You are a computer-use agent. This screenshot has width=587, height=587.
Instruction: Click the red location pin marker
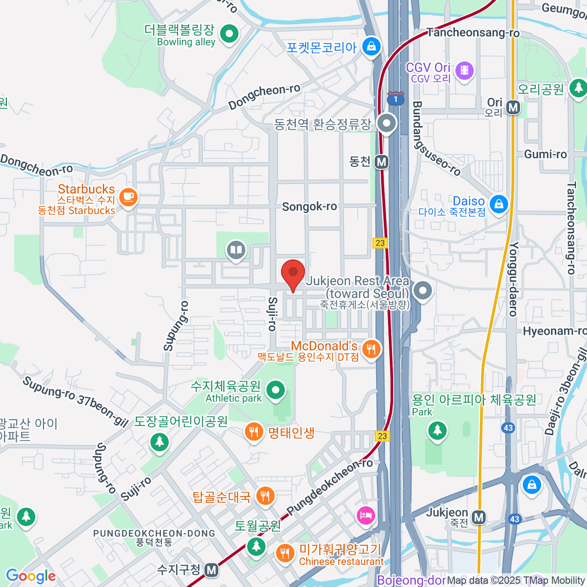click(x=293, y=273)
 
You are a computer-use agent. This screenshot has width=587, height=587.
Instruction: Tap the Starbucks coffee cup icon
click(x=129, y=197)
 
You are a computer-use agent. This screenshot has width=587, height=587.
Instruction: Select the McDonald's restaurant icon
click(x=372, y=349)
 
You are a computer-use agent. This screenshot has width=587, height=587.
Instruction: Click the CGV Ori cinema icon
click(x=464, y=70)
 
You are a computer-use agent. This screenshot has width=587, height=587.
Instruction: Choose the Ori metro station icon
click(x=513, y=107)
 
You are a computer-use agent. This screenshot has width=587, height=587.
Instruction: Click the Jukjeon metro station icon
click(x=479, y=517)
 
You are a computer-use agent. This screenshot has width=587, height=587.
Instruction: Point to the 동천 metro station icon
click(x=382, y=161)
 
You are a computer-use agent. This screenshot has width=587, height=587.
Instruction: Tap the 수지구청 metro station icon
click(x=211, y=570)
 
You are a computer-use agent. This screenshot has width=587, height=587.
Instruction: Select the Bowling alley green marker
click(x=229, y=34)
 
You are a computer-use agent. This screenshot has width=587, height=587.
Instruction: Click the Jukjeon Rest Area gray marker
click(x=423, y=291)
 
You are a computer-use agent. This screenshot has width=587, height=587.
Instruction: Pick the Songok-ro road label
click(x=309, y=207)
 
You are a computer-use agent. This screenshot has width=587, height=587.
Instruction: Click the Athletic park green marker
click(x=276, y=390)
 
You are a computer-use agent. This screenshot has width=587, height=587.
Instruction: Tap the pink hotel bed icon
click(x=366, y=515)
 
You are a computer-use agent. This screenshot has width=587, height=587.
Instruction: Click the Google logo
click(x=30, y=576)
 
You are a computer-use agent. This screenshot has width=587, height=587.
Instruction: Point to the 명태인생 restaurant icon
click(x=253, y=432)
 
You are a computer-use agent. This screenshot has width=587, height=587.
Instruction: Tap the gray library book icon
click(x=236, y=251)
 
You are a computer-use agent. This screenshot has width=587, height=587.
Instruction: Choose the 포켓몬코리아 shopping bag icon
click(x=371, y=47)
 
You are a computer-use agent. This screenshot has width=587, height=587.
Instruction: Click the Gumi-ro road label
click(x=545, y=155)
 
